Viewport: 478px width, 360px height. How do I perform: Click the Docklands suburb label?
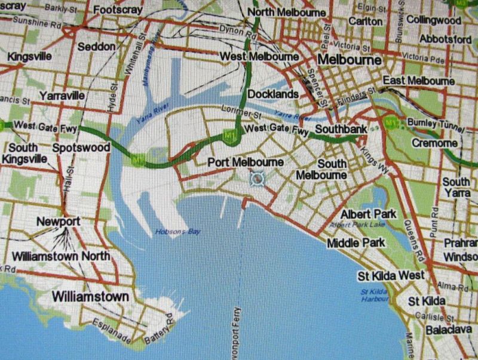click(x=272, y=94)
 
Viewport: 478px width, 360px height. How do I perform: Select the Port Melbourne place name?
click(x=246, y=162)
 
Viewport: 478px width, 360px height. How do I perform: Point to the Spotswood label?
click(x=81, y=147)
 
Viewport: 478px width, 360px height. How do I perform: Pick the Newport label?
click(x=58, y=221)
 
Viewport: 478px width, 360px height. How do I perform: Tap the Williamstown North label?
click(x=61, y=256)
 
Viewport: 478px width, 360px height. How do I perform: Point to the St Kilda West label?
click(x=391, y=275)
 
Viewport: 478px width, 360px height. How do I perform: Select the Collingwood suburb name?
click(x=434, y=20)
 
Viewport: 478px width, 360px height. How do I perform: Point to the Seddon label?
click(x=96, y=47)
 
